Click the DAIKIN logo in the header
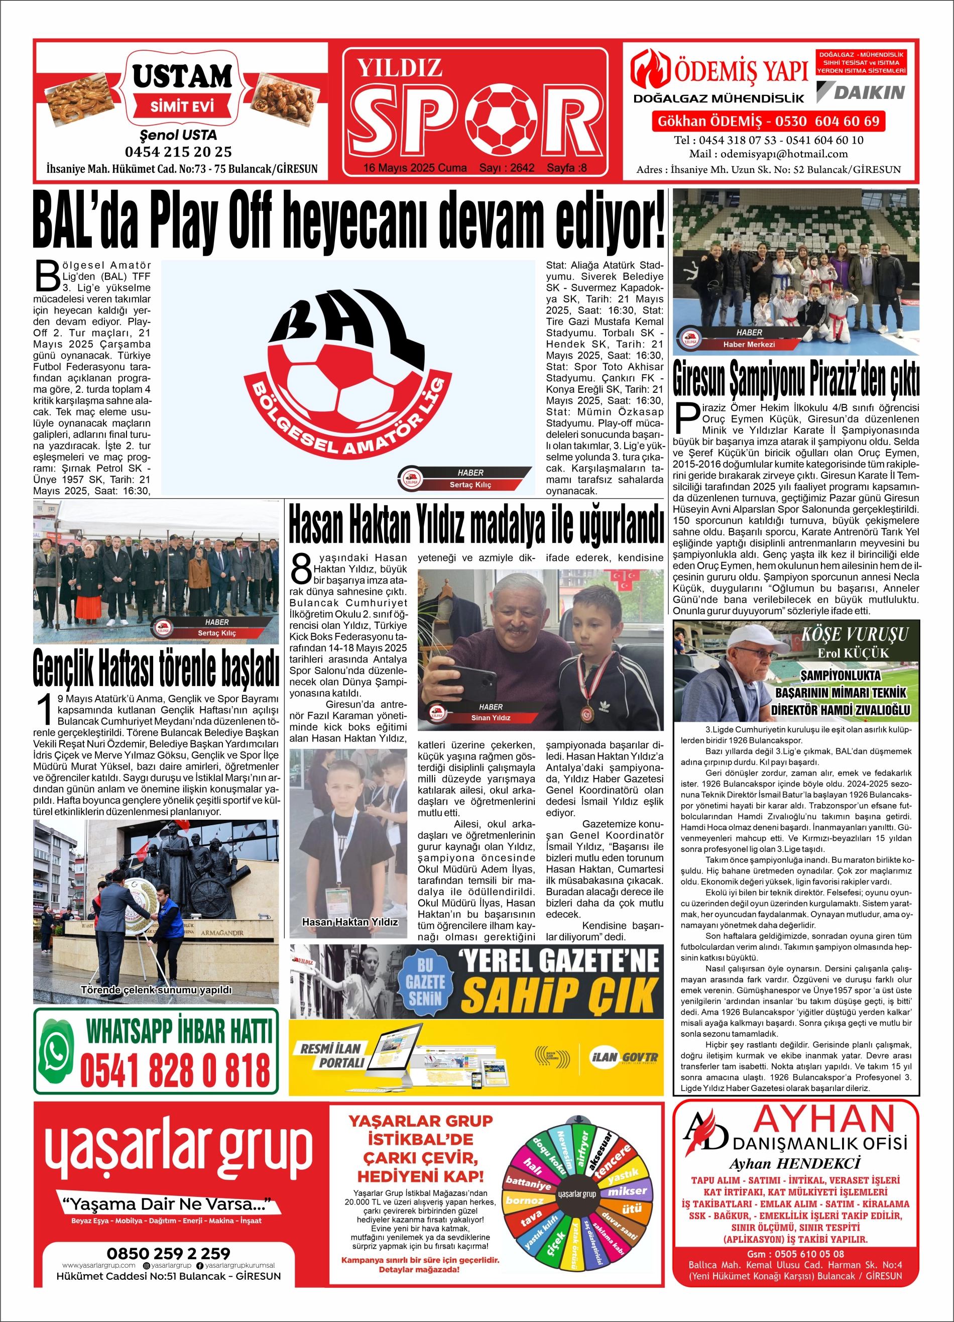(x=861, y=92)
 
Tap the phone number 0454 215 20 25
(x=178, y=152)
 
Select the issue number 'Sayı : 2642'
(x=507, y=168)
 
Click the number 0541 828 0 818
(x=175, y=1070)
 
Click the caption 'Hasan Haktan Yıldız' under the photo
(x=349, y=922)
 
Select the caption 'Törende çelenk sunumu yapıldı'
(x=156, y=990)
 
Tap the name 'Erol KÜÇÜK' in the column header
(x=853, y=653)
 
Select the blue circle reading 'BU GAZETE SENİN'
(x=425, y=981)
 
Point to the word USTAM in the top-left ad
(x=182, y=76)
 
